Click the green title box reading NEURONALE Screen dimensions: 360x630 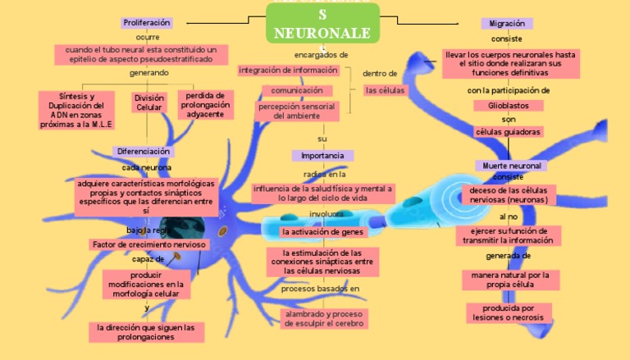click(322, 24)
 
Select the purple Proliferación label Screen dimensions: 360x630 click(147, 23)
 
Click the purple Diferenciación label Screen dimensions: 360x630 click(144, 152)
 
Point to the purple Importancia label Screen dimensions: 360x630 click(322, 156)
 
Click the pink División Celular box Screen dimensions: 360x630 click(149, 103)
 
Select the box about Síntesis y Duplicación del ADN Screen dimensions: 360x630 click(76, 110)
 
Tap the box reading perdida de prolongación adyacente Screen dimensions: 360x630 click(205, 104)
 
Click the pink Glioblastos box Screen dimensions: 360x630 click(509, 106)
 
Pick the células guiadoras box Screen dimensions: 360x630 click(509, 132)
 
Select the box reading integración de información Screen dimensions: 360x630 click(288, 71)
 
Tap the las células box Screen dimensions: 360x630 click(385, 90)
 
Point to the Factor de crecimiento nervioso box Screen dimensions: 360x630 click(149, 244)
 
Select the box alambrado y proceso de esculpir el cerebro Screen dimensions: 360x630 click(323, 318)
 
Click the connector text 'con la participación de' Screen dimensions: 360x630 click(509, 90)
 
